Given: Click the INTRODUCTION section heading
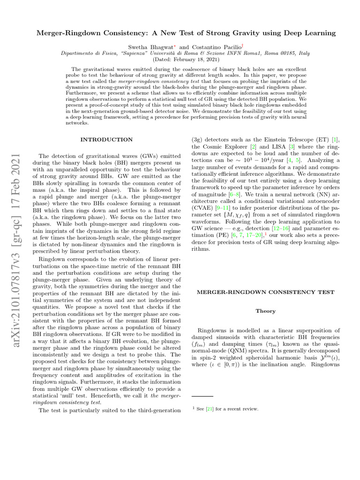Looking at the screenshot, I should [106, 139].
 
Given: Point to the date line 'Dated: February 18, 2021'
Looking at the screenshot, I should [180, 60].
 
